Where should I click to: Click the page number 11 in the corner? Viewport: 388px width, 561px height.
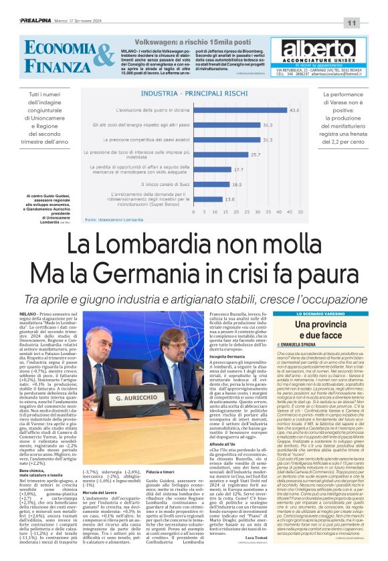tap(369, 23)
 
